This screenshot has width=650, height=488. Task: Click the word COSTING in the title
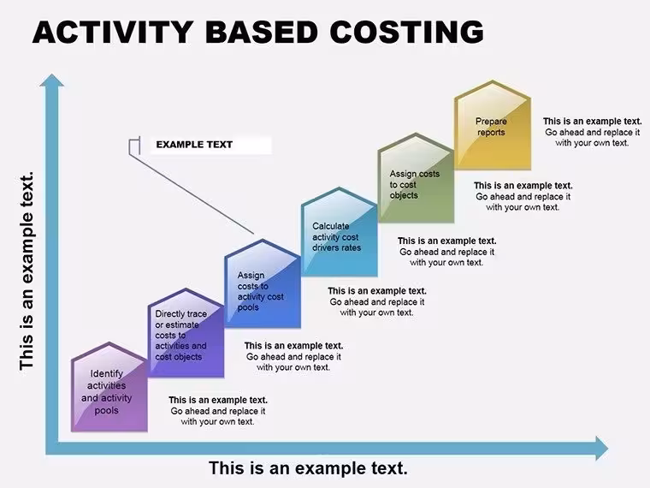click(406, 32)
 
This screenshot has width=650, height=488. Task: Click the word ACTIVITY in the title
click(113, 32)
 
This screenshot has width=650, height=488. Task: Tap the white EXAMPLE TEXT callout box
click(210, 145)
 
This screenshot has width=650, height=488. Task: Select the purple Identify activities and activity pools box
click(109, 387)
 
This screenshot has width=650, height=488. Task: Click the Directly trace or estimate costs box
click(186, 333)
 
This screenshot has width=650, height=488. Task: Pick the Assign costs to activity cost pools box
click(263, 283)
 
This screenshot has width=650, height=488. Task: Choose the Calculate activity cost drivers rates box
click(340, 232)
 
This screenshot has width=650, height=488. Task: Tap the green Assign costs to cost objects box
click(417, 178)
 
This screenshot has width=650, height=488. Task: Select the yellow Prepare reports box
click(493, 125)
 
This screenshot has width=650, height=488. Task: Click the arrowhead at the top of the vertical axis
click(52, 80)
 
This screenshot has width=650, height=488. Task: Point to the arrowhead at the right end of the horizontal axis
click(602, 448)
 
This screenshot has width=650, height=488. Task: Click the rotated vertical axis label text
click(27, 271)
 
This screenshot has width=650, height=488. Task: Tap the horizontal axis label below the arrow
click(308, 468)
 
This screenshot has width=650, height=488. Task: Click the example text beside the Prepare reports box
click(593, 132)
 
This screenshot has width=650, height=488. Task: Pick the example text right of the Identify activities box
click(218, 411)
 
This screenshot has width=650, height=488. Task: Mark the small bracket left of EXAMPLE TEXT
click(134, 146)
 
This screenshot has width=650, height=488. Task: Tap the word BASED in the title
click(262, 32)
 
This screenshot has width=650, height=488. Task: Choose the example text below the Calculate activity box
click(377, 301)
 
